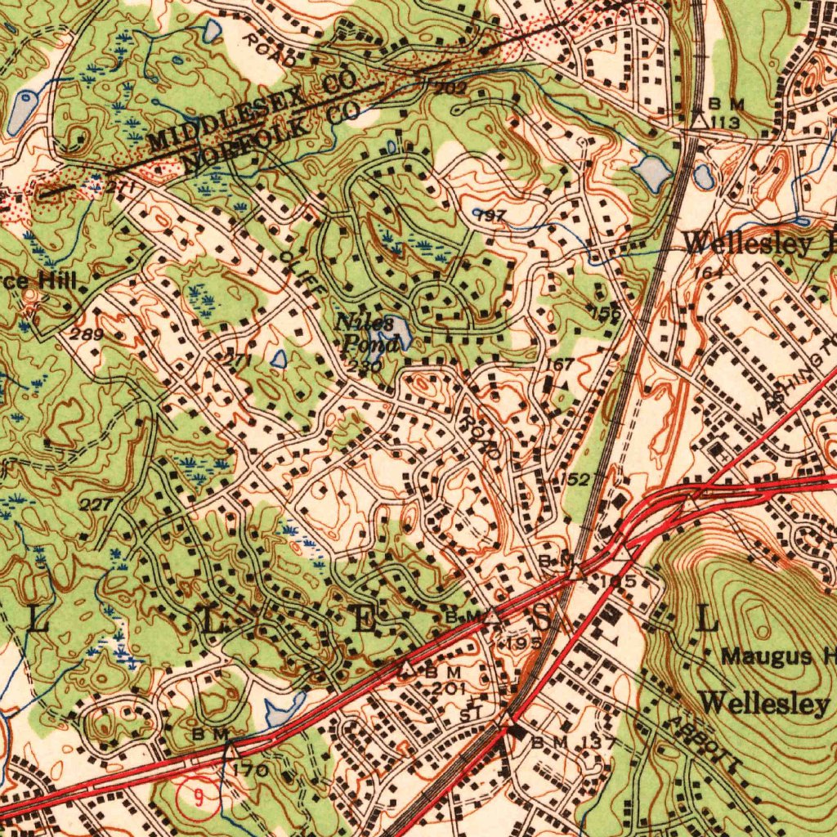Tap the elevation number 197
(x=490, y=215)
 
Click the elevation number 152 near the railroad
(x=575, y=479)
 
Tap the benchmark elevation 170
(x=250, y=771)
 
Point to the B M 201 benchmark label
(x=446, y=678)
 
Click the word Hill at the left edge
(x=58, y=282)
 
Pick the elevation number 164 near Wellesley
(x=713, y=273)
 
